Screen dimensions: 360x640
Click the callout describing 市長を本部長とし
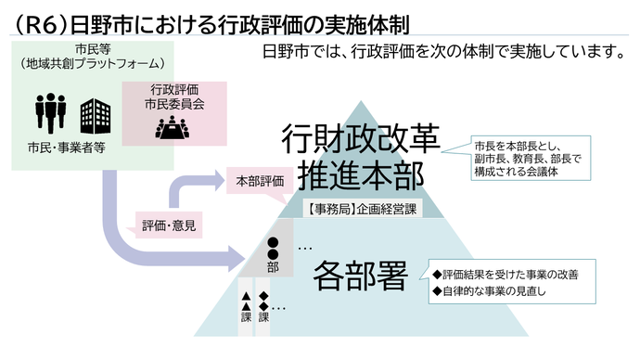tap(526, 159)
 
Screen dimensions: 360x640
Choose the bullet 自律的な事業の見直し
tap(497, 292)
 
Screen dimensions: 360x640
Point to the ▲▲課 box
tap(246, 306)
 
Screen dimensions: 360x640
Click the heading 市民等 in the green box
tap(90, 50)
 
